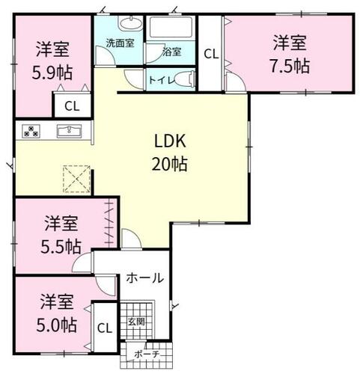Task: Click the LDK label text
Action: (x=170, y=141)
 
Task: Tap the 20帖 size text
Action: (x=170, y=164)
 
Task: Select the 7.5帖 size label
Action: (x=290, y=66)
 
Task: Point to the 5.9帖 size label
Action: (x=52, y=73)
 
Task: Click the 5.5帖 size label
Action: (x=61, y=247)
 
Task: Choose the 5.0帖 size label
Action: (x=57, y=325)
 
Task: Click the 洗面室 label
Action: (x=120, y=43)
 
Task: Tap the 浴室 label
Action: (x=171, y=52)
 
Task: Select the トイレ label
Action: (x=162, y=80)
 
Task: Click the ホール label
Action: (x=144, y=278)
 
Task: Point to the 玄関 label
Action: (x=136, y=322)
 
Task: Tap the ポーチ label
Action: (x=147, y=355)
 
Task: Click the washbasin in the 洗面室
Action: (x=130, y=23)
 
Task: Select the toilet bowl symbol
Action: (x=185, y=79)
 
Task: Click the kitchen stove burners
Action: (x=31, y=131)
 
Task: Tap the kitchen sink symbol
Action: (x=69, y=131)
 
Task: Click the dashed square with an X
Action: (x=76, y=179)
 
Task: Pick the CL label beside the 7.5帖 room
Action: (x=211, y=54)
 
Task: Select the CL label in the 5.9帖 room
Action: (x=72, y=106)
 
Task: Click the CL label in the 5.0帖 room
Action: (x=105, y=328)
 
